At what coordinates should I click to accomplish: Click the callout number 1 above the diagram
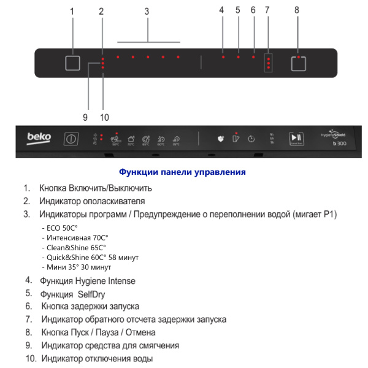point(72,11)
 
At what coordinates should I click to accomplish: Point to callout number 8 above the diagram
point(297,10)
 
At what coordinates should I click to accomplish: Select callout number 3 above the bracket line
point(147,11)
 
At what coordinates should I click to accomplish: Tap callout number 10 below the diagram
point(104,117)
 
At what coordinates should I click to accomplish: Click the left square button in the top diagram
point(72,64)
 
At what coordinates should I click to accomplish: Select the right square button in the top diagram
point(298,64)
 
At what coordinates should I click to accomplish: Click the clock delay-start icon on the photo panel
point(251,139)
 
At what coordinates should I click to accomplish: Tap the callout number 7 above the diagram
point(267,10)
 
